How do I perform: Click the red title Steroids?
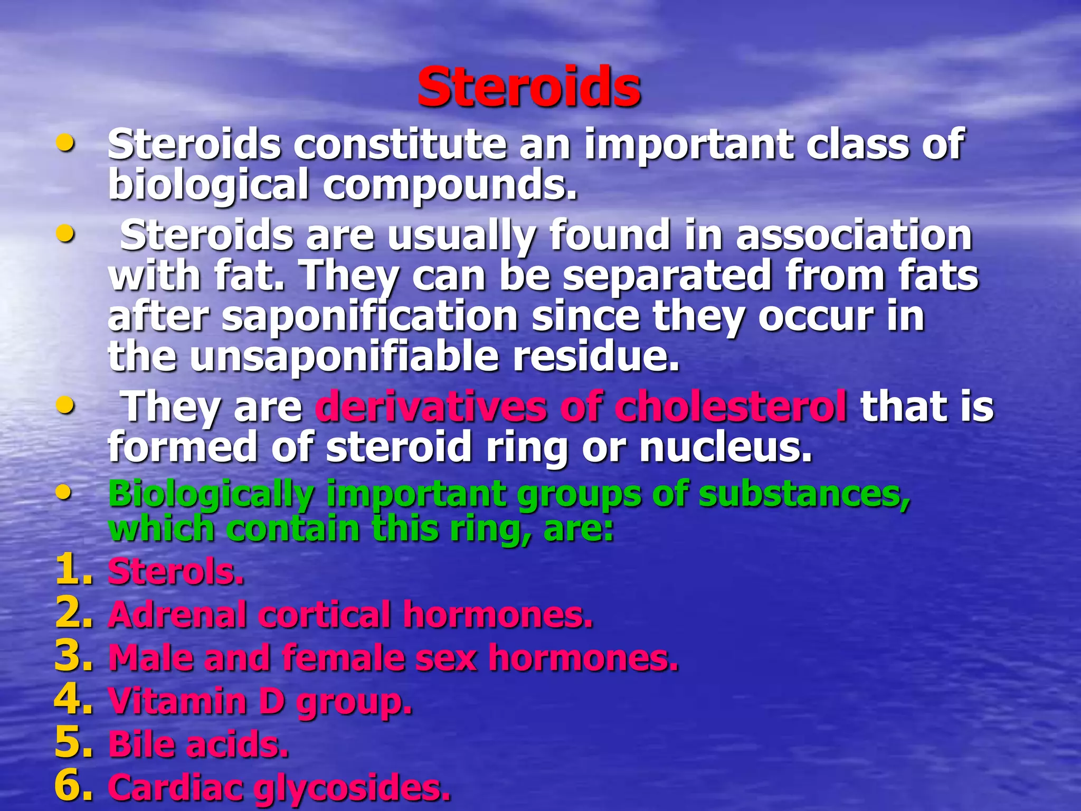click(529, 87)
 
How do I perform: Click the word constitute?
click(400, 145)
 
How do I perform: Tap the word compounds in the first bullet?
click(450, 185)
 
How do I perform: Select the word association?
click(854, 235)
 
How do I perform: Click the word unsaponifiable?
click(344, 356)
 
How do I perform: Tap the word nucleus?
click(725, 447)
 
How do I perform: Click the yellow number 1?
click(73, 571)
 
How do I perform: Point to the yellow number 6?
click(73, 786)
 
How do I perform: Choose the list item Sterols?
click(176, 572)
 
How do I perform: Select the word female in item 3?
click(342, 658)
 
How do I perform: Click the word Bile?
click(140, 744)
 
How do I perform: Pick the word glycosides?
click(352, 788)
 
